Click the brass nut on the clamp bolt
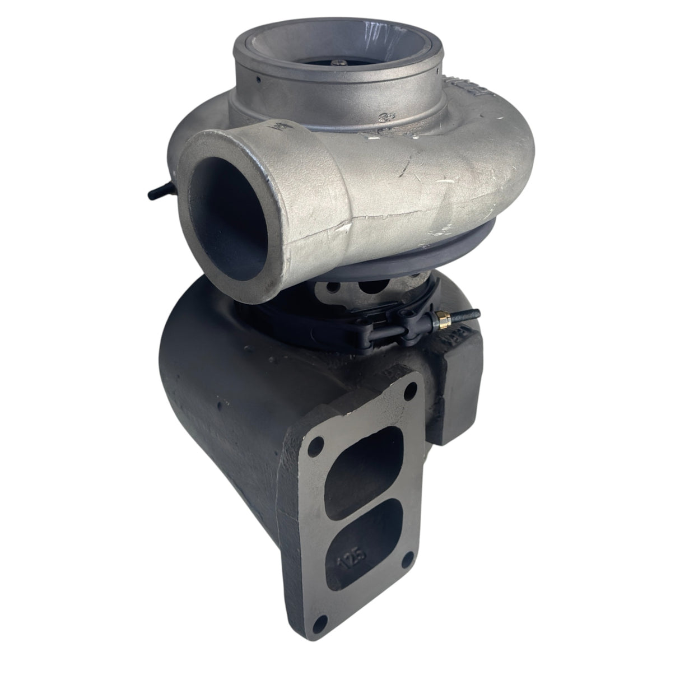(x=435, y=323)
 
